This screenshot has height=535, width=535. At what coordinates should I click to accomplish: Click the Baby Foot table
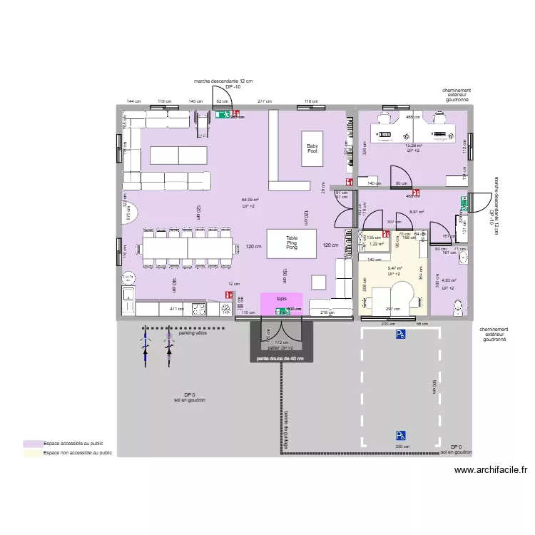312,148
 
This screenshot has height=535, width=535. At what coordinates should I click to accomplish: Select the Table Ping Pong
291,243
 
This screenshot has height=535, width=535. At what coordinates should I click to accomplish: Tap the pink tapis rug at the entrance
282,302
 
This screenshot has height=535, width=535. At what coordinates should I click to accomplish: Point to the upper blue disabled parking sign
401,333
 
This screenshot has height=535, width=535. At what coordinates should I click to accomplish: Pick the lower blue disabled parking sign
401,434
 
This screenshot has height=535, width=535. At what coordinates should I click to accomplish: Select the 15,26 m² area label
414,146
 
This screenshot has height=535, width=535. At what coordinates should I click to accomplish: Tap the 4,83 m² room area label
449,281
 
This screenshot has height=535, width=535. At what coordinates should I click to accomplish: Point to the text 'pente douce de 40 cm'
281,358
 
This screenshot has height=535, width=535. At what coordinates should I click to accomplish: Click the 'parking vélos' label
193,332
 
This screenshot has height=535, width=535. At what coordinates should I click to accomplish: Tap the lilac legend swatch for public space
32,443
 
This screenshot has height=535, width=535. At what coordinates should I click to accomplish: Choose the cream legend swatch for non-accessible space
32,452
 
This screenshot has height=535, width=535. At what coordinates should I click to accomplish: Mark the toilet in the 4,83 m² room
459,305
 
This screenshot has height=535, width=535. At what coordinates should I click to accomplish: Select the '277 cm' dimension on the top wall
265,102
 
